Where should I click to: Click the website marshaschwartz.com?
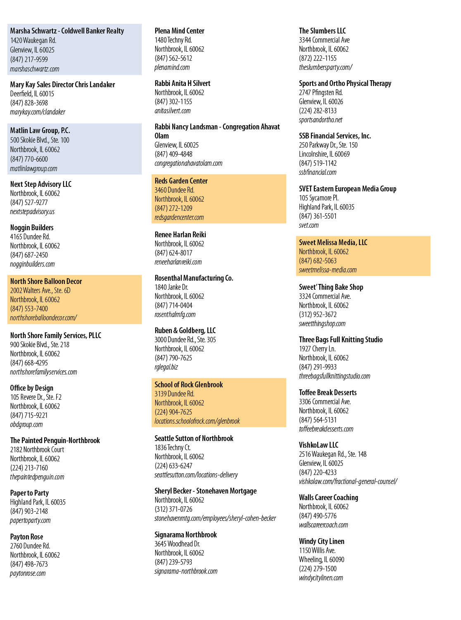[35, 69]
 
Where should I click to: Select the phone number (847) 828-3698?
[29, 103]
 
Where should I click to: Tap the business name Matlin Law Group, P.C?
[40, 131]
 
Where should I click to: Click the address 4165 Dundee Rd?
[30, 237]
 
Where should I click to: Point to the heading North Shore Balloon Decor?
[46, 281]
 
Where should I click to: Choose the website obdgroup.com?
[26, 424]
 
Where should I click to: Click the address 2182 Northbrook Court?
[37, 449]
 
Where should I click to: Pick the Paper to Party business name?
[29, 493]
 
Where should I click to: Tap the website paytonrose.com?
[28, 573]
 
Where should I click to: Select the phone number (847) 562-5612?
[173, 58]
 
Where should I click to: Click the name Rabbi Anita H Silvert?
[183, 83]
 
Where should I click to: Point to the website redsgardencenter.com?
[179, 217]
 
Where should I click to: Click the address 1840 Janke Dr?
[171, 287]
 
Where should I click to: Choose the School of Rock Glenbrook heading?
[189, 385]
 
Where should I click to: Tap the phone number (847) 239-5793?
[173, 562]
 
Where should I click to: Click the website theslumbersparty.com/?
[326, 67]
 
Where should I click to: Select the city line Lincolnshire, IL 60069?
[324, 154]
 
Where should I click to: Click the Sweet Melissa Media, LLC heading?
[333, 242]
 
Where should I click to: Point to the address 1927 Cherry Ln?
[317, 348]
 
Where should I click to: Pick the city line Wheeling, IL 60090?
[321, 559]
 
